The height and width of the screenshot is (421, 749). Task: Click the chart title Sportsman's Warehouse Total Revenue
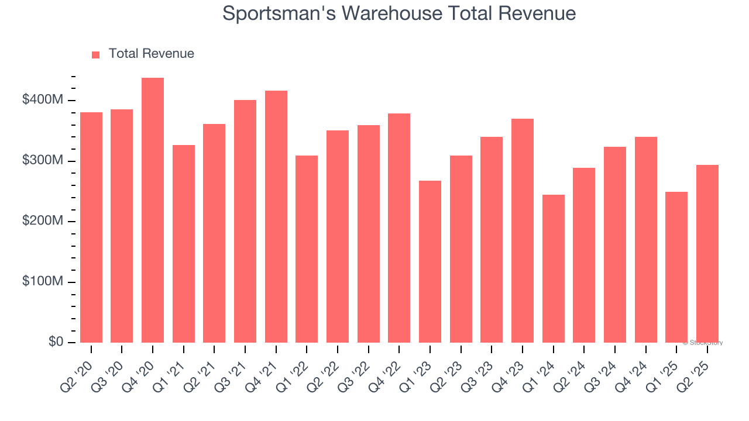tap(399, 13)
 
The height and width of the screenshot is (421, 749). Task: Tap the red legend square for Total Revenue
tap(96, 54)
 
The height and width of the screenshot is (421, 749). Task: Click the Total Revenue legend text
tap(151, 54)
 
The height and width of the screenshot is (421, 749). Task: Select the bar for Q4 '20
tap(153, 210)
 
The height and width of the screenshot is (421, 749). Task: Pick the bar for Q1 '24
tap(554, 269)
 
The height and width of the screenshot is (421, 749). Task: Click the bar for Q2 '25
tap(707, 254)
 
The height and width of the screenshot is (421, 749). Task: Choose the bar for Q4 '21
tap(276, 217)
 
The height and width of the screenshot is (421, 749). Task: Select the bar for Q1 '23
tap(430, 261)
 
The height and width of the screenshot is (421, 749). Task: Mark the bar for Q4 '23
tap(523, 231)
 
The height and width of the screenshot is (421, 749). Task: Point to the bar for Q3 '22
tap(369, 234)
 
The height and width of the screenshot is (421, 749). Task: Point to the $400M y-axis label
tap(42, 100)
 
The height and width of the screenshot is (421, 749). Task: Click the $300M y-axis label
tap(42, 161)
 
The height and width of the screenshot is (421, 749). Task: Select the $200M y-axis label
tap(42, 221)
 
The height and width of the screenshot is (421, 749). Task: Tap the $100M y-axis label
tap(42, 282)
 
